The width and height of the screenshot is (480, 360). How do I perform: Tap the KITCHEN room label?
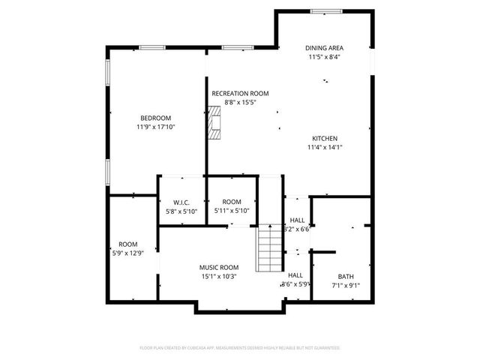coord(325,139)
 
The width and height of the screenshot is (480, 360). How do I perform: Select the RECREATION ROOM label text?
coord(240,93)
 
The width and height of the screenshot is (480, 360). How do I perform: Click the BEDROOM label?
coord(155,118)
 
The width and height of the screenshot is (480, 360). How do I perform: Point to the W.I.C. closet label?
coord(181,202)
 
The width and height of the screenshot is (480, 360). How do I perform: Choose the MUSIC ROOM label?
coord(218,268)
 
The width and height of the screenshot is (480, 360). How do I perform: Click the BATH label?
coord(345,276)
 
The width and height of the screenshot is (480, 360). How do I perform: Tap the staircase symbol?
coord(269,248)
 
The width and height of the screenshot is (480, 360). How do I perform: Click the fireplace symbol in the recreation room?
coord(215,122)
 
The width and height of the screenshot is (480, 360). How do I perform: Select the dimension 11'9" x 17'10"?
coord(155,127)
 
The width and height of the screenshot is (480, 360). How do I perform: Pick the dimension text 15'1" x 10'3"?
coord(218,277)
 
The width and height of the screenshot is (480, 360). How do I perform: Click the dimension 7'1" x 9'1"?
coord(345,285)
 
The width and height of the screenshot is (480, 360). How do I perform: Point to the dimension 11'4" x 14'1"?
coord(325,148)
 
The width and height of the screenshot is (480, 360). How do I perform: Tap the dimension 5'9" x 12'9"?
coord(128,253)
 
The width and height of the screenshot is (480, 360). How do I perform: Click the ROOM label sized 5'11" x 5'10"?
coord(232,202)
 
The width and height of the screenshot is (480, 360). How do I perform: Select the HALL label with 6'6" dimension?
coord(298,220)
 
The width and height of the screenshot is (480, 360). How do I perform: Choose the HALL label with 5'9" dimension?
coord(295,275)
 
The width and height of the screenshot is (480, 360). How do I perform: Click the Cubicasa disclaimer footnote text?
coord(240,348)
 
